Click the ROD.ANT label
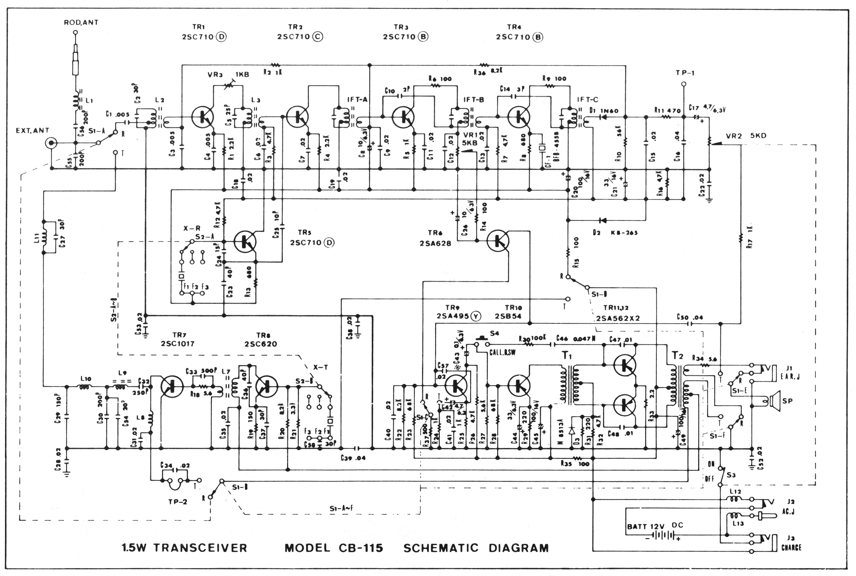81,22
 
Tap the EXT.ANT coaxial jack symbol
51,143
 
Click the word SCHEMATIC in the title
441,548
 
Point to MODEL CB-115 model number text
334,548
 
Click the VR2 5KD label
746,136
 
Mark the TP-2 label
178,502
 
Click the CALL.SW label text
502,353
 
